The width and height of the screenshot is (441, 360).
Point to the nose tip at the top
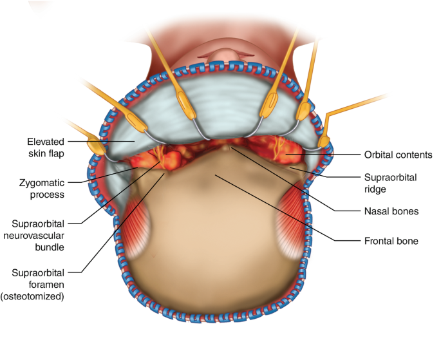pos(221,49)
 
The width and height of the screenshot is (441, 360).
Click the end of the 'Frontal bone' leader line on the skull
pos(216,175)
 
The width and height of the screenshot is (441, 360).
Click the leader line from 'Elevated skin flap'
pos(97,140)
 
